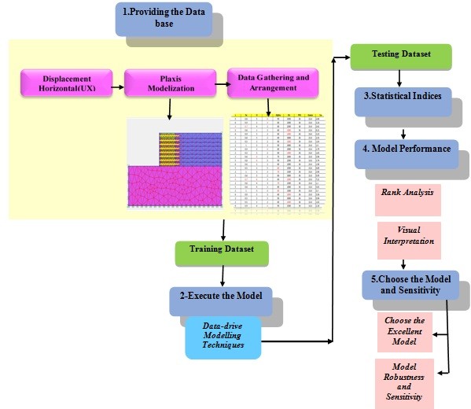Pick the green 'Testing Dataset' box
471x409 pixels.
click(x=400, y=57)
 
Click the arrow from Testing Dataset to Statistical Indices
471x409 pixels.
click(x=401, y=77)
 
